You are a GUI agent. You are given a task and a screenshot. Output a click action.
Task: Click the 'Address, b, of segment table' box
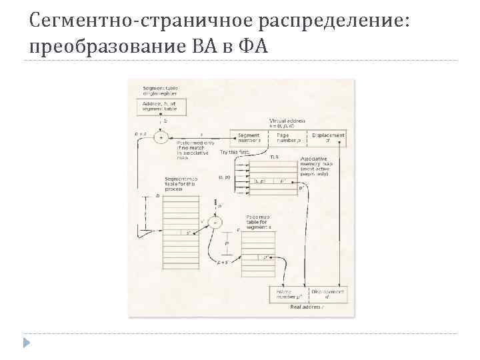click(161, 107)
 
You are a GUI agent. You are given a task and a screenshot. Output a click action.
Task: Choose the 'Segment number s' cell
click(249, 137)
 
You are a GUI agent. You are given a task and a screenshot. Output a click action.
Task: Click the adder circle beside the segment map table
click(215, 222)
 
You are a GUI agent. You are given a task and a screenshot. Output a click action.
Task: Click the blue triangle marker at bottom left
click(27, 343)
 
